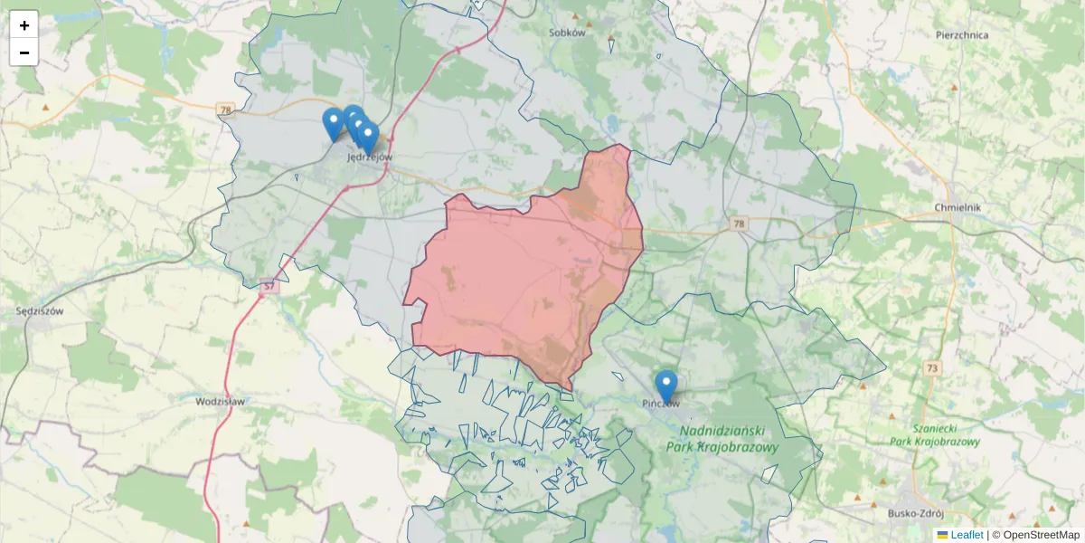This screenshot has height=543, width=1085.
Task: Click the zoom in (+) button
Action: click(x=24, y=25)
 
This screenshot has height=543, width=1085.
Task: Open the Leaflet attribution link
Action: click(x=966, y=535)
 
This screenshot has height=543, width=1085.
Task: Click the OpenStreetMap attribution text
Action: click(x=1041, y=535)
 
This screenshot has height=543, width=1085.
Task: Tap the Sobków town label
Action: click(x=568, y=33)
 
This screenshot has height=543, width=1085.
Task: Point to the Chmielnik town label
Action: click(x=958, y=207)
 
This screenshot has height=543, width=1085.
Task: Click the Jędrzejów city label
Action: click(x=370, y=157)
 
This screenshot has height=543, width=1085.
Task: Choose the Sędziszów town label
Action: click(x=38, y=310)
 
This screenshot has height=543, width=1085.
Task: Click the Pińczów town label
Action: click(x=661, y=404)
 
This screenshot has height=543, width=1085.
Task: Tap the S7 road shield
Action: click(x=268, y=287)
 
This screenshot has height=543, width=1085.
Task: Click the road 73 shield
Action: click(x=931, y=367)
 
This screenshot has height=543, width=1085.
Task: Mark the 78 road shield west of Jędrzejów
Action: click(x=225, y=110)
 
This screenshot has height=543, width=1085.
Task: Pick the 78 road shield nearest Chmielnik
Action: click(x=740, y=224)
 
